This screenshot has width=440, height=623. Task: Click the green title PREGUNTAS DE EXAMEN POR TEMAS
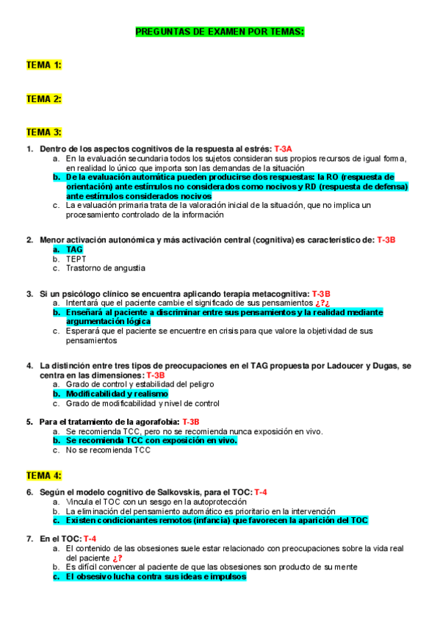[x=220, y=32]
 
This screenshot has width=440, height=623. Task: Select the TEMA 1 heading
[x=44, y=65]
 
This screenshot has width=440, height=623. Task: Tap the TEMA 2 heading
[x=44, y=98]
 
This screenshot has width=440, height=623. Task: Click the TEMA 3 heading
[x=44, y=132]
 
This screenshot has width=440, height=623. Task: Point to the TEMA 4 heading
[x=44, y=475]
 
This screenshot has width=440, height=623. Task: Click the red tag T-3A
[x=284, y=149]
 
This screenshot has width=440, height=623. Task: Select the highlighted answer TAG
[x=74, y=250]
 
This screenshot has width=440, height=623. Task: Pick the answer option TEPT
[x=76, y=259]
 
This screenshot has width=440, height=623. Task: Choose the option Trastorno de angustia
[x=105, y=268]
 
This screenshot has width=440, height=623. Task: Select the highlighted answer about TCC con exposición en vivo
[x=151, y=441]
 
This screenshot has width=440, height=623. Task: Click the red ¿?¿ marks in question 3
[x=322, y=303]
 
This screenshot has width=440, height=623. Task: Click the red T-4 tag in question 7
[x=90, y=539]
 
